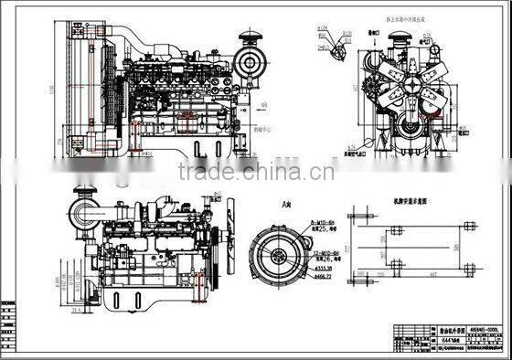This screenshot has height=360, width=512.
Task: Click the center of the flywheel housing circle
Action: pos(277,249)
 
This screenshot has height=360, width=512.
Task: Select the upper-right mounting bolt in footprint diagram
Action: pos(468,225)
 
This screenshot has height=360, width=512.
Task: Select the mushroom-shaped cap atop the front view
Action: pos(399,42)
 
